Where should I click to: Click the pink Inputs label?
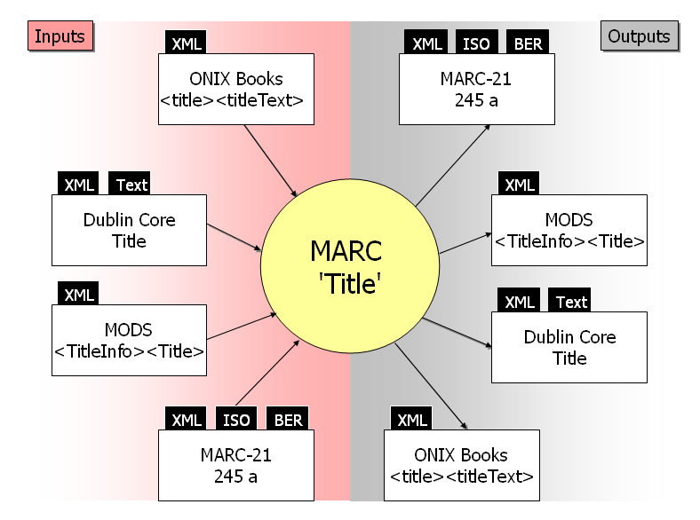[60, 36]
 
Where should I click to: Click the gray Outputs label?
[639, 36]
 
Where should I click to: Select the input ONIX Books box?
[235, 89]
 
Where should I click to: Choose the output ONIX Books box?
[461, 466]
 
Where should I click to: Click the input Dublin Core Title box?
[129, 230]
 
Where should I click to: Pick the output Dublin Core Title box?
[569, 347]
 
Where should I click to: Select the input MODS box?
[129, 340]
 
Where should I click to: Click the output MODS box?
[569, 230]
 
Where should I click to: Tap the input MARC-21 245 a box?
[235, 466]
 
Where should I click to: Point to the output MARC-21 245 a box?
[476, 89]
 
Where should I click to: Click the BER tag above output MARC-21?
[528, 43]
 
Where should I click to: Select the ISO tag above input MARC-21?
[236, 420]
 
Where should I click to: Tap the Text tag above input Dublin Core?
[131, 185]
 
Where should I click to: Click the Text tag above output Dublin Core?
[571, 302]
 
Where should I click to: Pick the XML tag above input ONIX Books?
[186, 43]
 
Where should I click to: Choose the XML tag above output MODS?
[519, 185]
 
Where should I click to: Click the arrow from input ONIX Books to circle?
[270, 161]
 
